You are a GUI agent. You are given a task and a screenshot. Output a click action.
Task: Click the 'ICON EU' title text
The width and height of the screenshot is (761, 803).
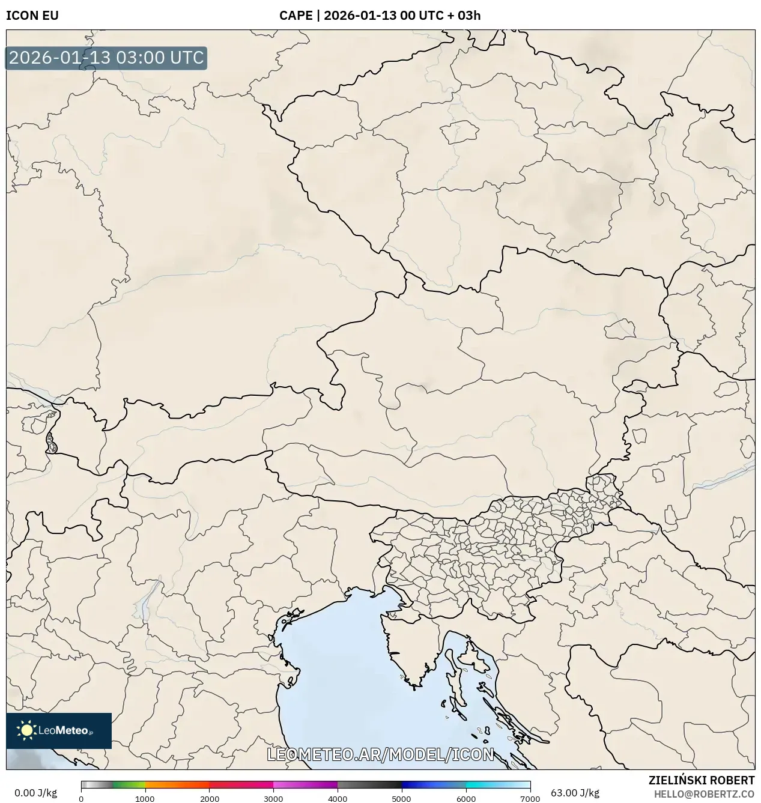click(x=32, y=16)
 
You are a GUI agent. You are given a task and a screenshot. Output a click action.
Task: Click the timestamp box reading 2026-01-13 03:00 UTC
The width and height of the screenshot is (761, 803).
click(x=106, y=58)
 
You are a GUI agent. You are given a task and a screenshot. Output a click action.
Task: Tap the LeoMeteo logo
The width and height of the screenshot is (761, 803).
click(x=59, y=730)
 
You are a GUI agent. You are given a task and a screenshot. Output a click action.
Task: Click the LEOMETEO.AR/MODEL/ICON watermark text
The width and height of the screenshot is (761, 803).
click(x=380, y=754)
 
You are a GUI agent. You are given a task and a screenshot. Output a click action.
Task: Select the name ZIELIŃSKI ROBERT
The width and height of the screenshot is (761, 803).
click(x=701, y=780)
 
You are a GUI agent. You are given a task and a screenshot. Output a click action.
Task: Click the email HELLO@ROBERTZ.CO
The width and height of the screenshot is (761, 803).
click(x=704, y=794)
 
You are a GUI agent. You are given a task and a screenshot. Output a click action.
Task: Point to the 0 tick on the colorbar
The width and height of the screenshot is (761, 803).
click(x=81, y=798)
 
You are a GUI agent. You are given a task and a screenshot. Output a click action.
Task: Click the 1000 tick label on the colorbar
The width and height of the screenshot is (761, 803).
click(x=145, y=798)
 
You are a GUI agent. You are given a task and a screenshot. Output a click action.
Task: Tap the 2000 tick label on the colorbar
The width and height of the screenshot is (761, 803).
click(x=209, y=798)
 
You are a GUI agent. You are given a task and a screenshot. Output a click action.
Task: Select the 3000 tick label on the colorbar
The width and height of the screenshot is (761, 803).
click(x=273, y=798)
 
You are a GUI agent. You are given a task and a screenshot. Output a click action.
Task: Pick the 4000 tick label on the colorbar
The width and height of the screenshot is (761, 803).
click(x=338, y=798)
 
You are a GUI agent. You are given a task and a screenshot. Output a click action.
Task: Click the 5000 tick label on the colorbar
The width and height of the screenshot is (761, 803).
click(x=401, y=798)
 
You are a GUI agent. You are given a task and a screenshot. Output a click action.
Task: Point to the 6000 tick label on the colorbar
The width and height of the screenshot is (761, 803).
click(x=465, y=798)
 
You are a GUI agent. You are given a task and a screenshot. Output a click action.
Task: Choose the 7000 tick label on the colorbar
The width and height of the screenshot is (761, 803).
click(x=530, y=798)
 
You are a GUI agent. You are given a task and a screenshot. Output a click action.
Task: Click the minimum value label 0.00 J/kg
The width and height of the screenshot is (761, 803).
click(x=35, y=793)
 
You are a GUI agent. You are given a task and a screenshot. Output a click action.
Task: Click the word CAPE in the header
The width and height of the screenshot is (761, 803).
click(x=295, y=16)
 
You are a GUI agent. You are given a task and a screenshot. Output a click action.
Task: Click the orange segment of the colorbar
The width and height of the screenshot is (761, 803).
click(x=177, y=785)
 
